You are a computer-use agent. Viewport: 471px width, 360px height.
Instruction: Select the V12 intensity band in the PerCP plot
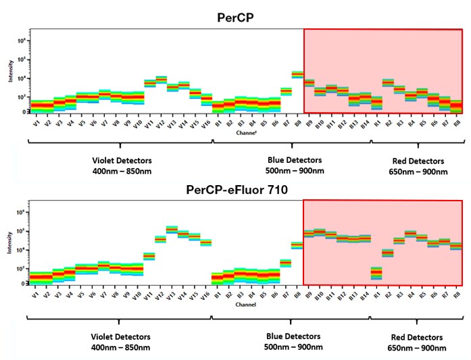pyautogui.click(x=162, y=80)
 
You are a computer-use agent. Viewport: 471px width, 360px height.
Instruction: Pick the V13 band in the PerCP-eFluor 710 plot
pyautogui.click(x=172, y=230)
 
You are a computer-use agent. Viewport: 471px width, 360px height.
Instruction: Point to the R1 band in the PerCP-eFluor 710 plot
pyautogui.click(x=376, y=273)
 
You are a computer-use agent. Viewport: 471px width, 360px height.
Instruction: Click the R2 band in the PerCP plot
pyautogui.click(x=388, y=82)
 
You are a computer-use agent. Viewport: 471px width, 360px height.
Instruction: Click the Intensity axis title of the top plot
pyautogui.click(x=11, y=72)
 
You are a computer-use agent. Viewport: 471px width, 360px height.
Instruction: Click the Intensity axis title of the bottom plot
pyautogui.click(x=11, y=243)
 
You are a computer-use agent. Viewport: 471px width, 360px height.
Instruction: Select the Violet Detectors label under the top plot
pyautogui.click(x=119, y=161)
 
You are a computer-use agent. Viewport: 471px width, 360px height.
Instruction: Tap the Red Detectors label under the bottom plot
pyautogui.click(x=418, y=336)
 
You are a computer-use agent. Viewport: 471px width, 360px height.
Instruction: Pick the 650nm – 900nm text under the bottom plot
pyautogui.click(x=418, y=348)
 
